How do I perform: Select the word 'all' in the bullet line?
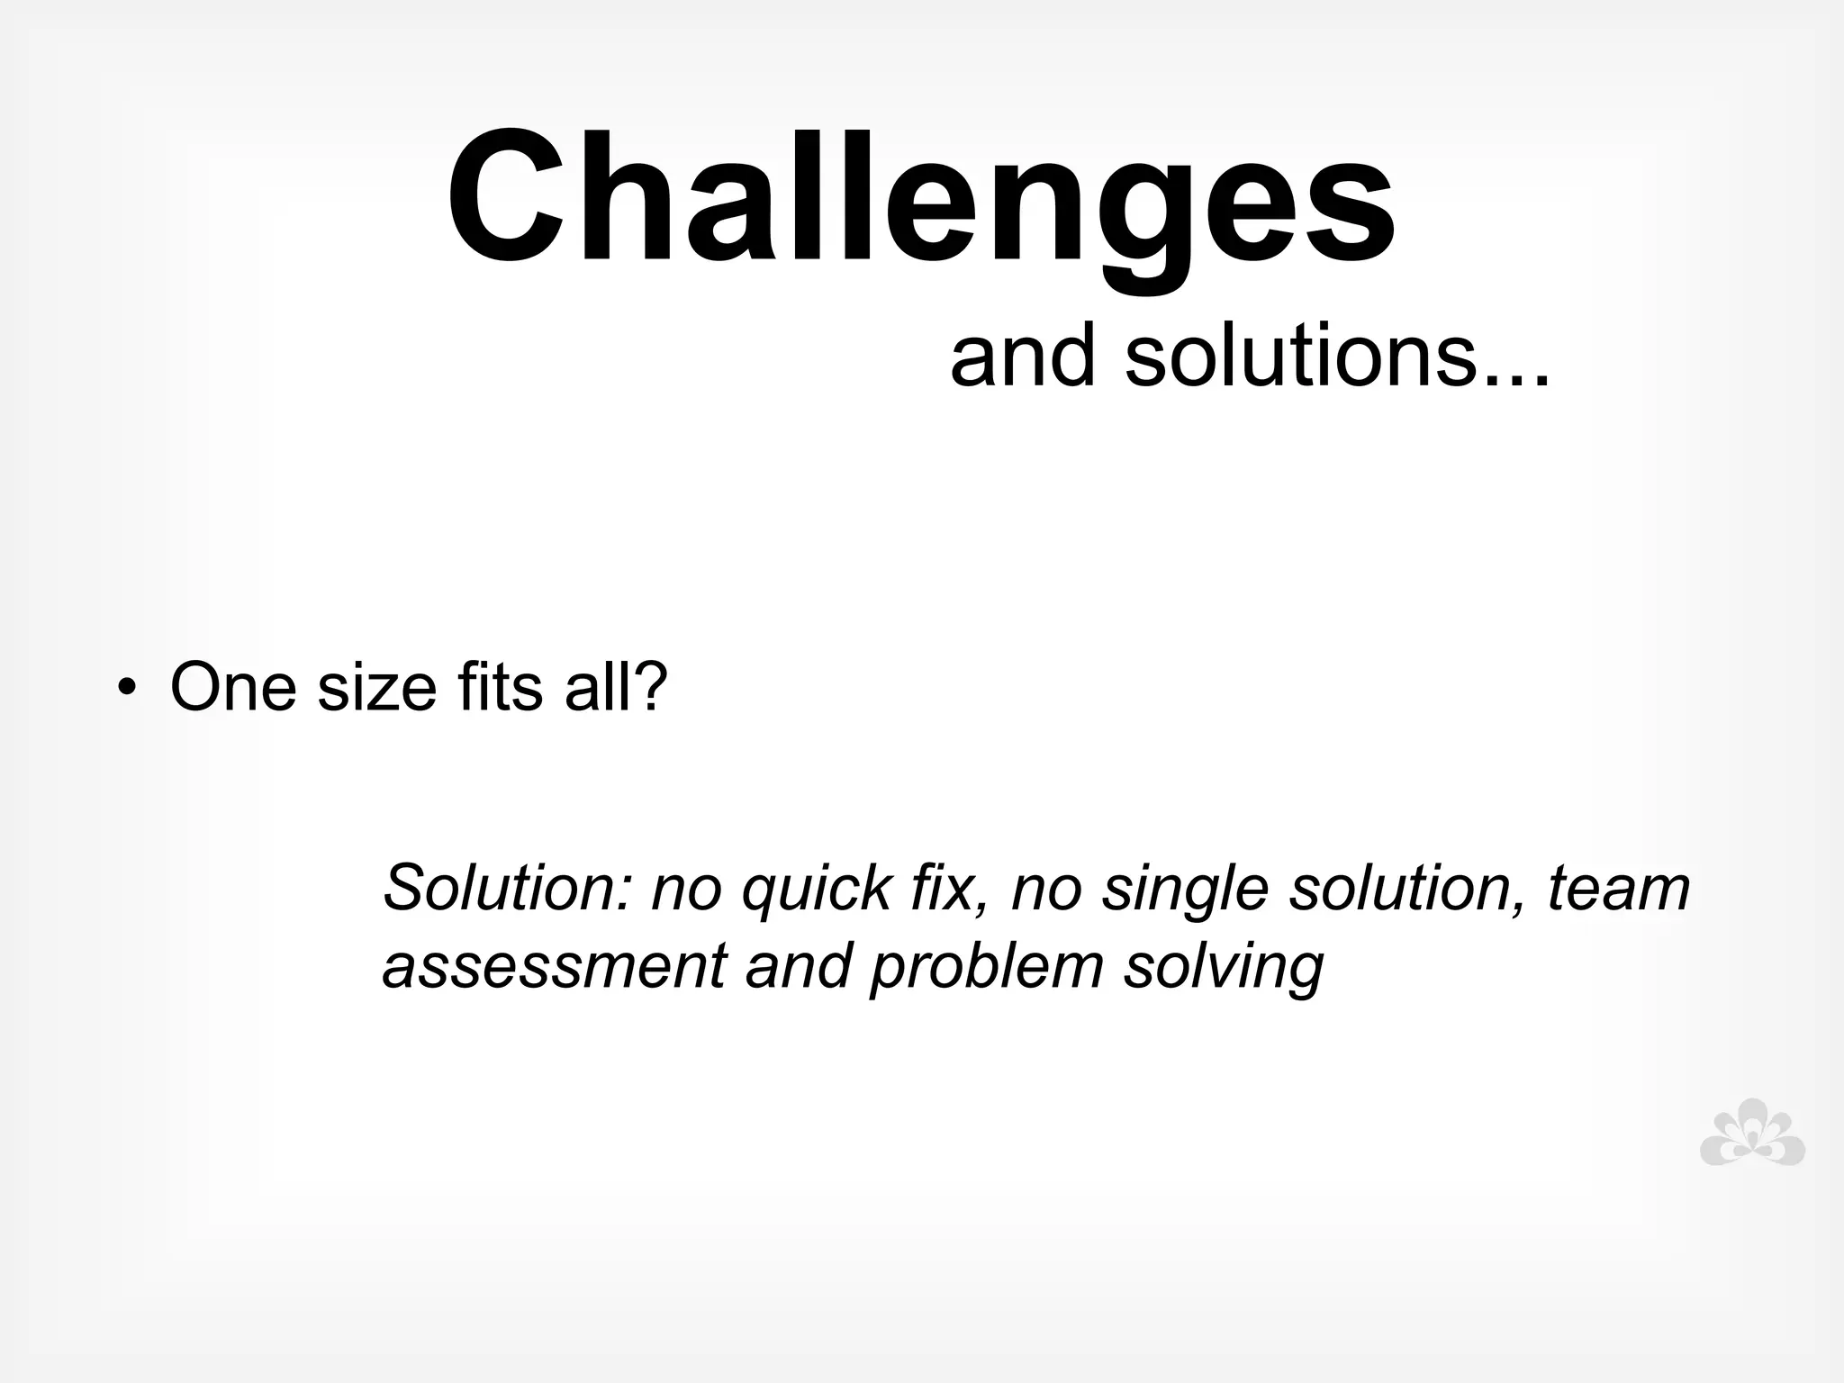point(595,688)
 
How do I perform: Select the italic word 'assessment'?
point(554,967)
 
